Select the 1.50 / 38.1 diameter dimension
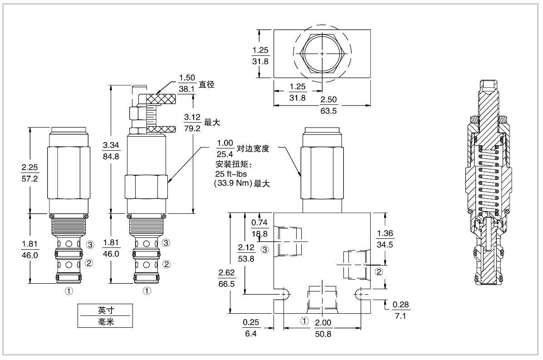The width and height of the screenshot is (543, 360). point(187,84)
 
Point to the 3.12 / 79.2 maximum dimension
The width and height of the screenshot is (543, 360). point(192,123)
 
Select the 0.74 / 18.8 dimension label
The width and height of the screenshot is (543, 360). point(259,228)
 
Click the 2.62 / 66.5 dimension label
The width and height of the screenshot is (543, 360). point(226,278)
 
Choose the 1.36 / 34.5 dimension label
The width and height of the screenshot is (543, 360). point(385,239)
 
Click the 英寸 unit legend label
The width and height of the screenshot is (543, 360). point(105,310)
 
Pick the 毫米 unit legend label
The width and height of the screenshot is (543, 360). point(105,321)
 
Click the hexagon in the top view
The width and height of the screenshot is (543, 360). point(322,54)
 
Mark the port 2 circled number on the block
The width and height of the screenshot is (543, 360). point(379,272)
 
